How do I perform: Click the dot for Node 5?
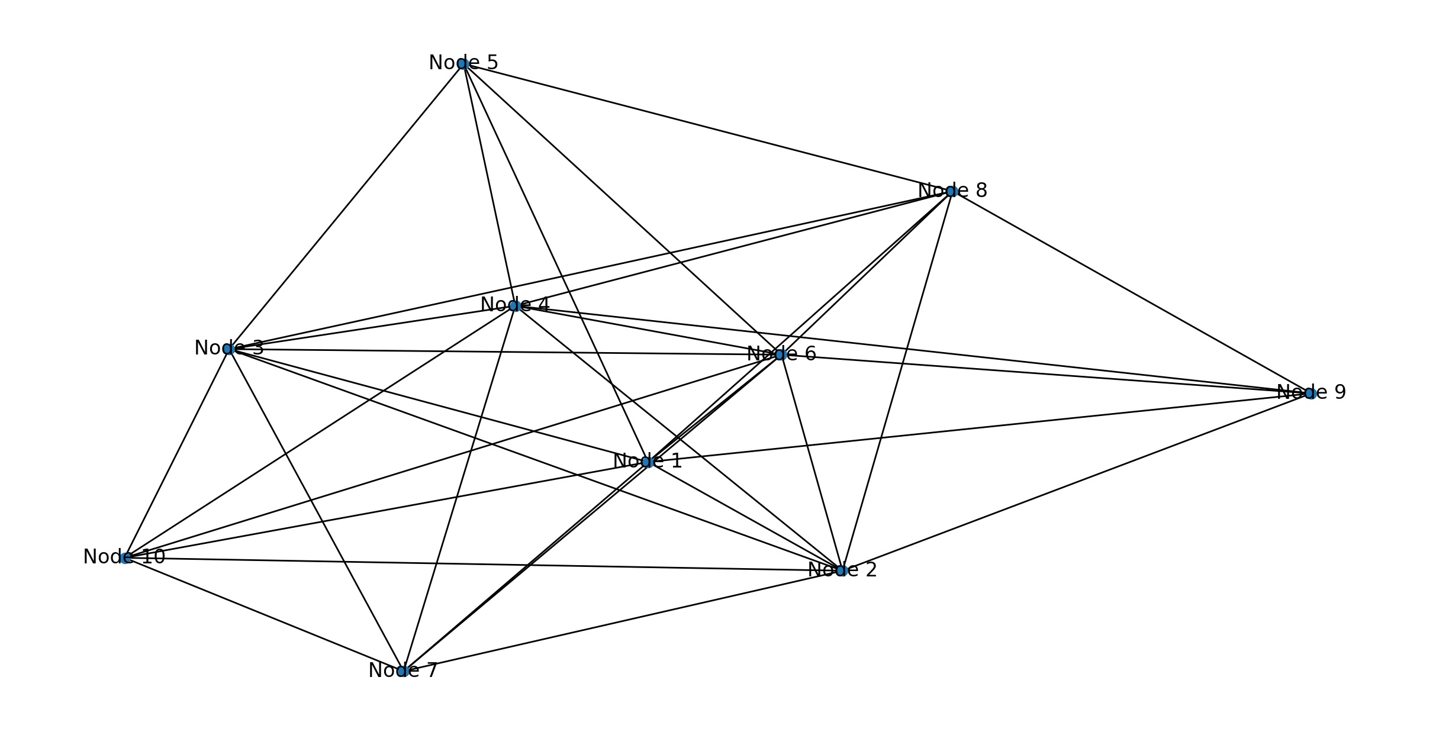463,64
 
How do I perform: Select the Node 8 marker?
951,191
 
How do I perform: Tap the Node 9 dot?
1310,394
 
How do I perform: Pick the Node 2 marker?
842,570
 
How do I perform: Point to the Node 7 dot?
403,671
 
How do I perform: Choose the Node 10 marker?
125,558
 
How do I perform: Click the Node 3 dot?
229,349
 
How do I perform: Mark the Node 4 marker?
514,306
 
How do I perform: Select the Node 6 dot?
780,355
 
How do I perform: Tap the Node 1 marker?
647,462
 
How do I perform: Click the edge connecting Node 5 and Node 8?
707,127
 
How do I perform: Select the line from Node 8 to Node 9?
1131,292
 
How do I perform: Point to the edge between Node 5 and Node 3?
346,207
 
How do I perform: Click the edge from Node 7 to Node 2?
622,621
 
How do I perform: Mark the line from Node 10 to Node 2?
483,564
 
